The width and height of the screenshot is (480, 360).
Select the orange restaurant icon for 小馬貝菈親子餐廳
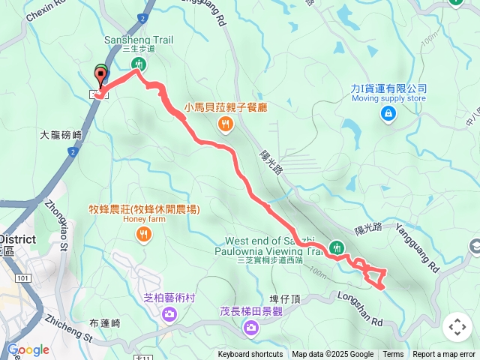click(x=223, y=124)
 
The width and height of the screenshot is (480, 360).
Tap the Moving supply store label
click(x=388, y=98)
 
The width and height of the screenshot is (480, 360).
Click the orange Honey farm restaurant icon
click(x=143, y=235)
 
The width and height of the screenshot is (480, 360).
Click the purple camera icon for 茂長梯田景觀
click(x=250, y=327)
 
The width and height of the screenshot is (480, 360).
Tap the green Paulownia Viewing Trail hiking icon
click(x=337, y=247)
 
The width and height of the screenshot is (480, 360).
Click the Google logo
click(x=28, y=349)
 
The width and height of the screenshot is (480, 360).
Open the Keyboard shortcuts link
click(x=250, y=355)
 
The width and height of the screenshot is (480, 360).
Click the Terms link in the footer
click(x=393, y=355)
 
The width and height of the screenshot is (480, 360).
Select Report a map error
click(x=444, y=355)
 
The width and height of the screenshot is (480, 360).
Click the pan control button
click(x=457, y=326)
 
